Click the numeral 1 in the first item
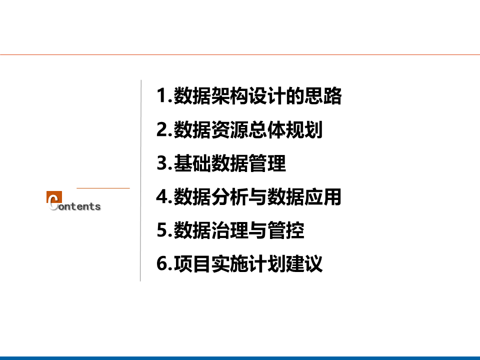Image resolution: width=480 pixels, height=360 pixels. [x=161, y=95]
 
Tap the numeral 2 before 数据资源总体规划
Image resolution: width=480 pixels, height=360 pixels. [x=162, y=129]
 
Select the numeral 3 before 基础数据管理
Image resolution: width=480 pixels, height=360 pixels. [x=162, y=163]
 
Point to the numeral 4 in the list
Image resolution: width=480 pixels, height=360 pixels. [x=162, y=196]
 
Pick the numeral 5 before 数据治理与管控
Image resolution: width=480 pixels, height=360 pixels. [x=162, y=230]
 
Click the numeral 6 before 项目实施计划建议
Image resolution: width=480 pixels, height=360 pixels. [x=162, y=263]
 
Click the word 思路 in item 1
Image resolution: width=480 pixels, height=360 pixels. [x=323, y=96]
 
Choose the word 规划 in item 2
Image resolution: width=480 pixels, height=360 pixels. [x=304, y=129]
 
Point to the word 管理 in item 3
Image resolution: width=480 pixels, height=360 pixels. [x=267, y=163]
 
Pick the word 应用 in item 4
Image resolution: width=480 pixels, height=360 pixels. [x=323, y=197]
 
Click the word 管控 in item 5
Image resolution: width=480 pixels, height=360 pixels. [x=285, y=230]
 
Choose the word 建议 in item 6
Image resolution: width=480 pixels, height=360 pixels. [x=304, y=263]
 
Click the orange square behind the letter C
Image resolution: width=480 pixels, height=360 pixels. [x=54, y=197]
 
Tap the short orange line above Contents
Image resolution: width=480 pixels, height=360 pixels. [x=103, y=188]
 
